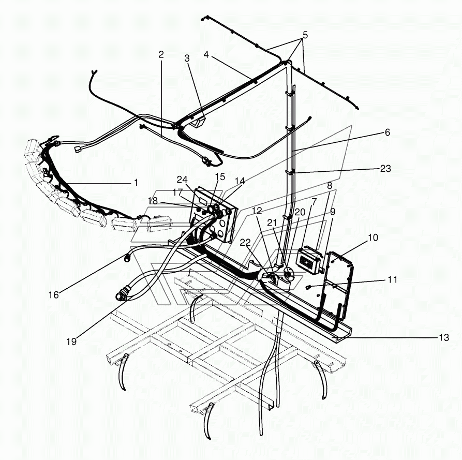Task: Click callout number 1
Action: pyautogui.click(x=136, y=183)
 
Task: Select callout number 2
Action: pyautogui.click(x=161, y=54)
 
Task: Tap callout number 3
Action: pyautogui.click(x=187, y=58)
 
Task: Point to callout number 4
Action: pyautogui.click(x=206, y=54)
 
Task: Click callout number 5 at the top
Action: pyautogui.click(x=305, y=35)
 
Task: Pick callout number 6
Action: pyautogui.click(x=388, y=132)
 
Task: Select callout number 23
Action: pyautogui.click(x=385, y=169)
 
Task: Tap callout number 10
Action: pyautogui.click(x=373, y=238)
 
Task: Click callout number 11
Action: pyautogui.click(x=392, y=279)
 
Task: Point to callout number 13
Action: pyautogui.click(x=444, y=337)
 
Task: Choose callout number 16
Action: pyautogui.click(x=54, y=295)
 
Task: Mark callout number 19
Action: pyautogui.click(x=71, y=342)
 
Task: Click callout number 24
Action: pyautogui.click(x=182, y=180)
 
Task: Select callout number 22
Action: pyautogui.click(x=245, y=243)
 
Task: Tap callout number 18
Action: pyautogui.click(x=153, y=201)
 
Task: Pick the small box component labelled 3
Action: pyautogui.click(x=198, y=122)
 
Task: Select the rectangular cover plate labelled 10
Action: pyautogui.click(x=339, y=285)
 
